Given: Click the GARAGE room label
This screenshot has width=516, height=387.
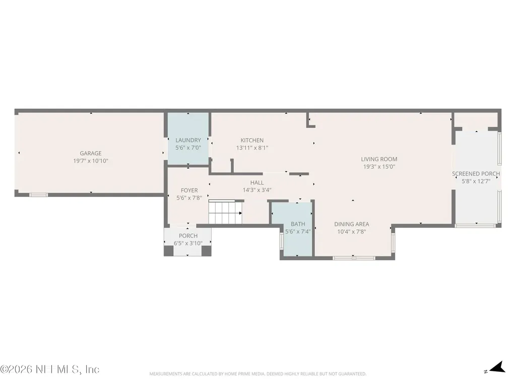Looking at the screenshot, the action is pos(91,153).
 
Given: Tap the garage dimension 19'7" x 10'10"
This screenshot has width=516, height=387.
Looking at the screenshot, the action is pos(91,161).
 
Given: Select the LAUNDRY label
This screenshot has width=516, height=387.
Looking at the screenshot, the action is pos(188,140).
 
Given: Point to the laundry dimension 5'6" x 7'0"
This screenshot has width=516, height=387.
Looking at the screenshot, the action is pos(188,148).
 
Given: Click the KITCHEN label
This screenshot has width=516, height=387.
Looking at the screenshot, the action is pos(252,140).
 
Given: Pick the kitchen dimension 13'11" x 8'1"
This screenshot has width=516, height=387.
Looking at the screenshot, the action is pos(252,148).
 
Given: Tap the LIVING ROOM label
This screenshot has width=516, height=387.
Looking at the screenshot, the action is pos(379,159).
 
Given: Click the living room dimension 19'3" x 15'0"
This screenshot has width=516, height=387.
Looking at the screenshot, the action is pos(379,166).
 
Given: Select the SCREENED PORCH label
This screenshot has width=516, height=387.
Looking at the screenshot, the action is pos(476,173).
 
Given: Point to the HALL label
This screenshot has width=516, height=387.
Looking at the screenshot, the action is pos(256,182).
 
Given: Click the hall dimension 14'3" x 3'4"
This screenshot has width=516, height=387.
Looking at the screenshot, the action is pos(256,190).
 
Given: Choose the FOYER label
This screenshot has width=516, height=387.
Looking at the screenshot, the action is pos(189,190).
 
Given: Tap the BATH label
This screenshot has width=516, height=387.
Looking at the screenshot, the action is pos(298,224).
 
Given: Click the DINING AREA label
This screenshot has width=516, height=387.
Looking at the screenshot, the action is pos(351,224).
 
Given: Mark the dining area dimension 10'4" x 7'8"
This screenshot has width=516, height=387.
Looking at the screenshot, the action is pos(351,232).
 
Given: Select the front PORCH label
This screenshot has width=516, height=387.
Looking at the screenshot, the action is pos(188,236).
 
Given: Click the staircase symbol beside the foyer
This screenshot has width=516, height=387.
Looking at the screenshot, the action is pos(225,212).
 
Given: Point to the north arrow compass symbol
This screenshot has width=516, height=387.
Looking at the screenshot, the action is pos(497,367).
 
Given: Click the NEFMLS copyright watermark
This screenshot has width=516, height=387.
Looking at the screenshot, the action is pos(50,369).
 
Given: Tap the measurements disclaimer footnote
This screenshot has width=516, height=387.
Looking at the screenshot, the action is pos(257,374).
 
